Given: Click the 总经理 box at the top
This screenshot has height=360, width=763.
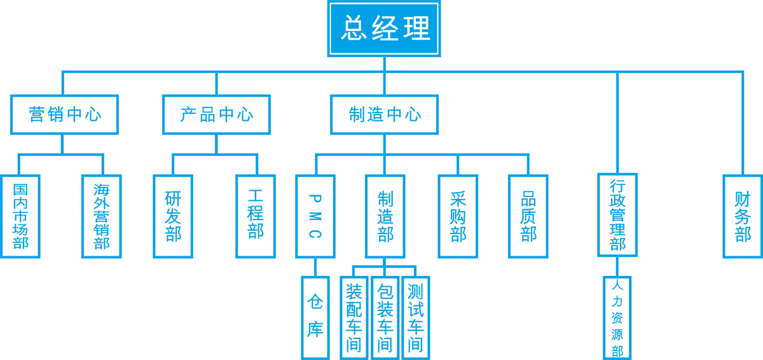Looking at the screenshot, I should click(x=384, y=28).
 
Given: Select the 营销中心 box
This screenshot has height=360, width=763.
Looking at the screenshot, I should click(x=64, y=114).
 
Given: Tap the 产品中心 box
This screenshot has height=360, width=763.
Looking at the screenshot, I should click(x=216, y=114).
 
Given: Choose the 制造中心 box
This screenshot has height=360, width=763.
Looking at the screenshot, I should click(x=385, y=114).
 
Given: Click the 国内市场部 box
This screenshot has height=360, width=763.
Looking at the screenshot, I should click(x=20, y=216).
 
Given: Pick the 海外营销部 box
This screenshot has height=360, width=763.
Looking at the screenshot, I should click(x=102, y=216).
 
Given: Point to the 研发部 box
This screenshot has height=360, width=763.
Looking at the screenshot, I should click(x=173, y=216).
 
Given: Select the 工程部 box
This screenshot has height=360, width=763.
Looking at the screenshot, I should click(x=256, y=216).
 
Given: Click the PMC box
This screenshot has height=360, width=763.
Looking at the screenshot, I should click(x=315, y=216).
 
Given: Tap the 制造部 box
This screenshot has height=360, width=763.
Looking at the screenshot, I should click(x=385, y=216).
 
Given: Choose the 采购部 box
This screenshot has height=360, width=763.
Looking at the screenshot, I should click(x=458, y=216).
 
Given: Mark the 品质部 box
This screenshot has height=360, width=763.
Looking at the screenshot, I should click(x=528, y=216).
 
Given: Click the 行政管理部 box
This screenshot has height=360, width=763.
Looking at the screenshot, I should click(x=617, y=215).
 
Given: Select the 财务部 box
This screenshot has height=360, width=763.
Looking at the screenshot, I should click(x=743, y=216).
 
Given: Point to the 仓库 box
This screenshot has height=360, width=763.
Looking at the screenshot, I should click(x=315, y=317).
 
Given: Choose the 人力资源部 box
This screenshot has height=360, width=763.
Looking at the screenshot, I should click(x=617, y=318).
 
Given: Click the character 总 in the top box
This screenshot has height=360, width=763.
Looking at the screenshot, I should click(x=354, y=29).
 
